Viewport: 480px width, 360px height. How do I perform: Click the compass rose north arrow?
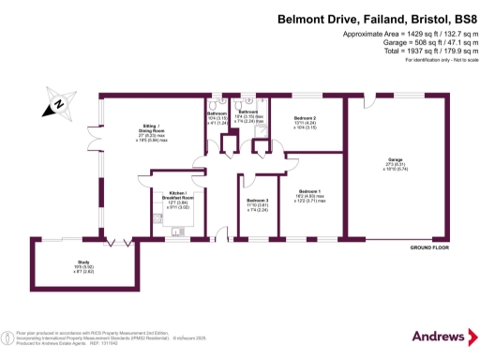[57, 105]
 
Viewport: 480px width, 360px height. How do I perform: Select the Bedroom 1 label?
[309, 193]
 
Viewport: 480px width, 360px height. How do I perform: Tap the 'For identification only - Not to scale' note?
[437, 60]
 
